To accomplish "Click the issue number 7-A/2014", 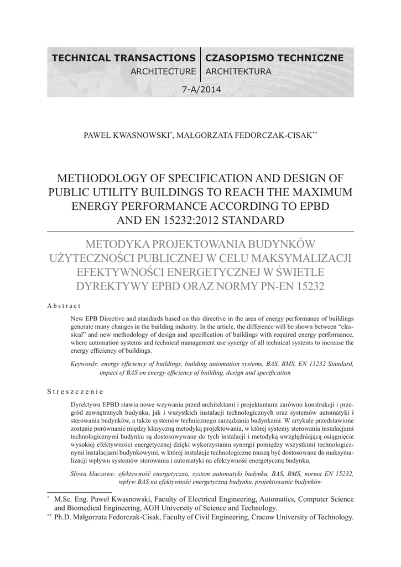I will pos(201,90).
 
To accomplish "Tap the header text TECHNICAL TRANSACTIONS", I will pos(123,58).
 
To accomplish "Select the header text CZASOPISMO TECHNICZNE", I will pos(274,58).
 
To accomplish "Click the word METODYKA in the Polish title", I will pos(117,244).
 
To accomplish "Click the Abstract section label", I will pos(64,306).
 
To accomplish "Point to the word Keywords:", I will pos(85,364).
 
